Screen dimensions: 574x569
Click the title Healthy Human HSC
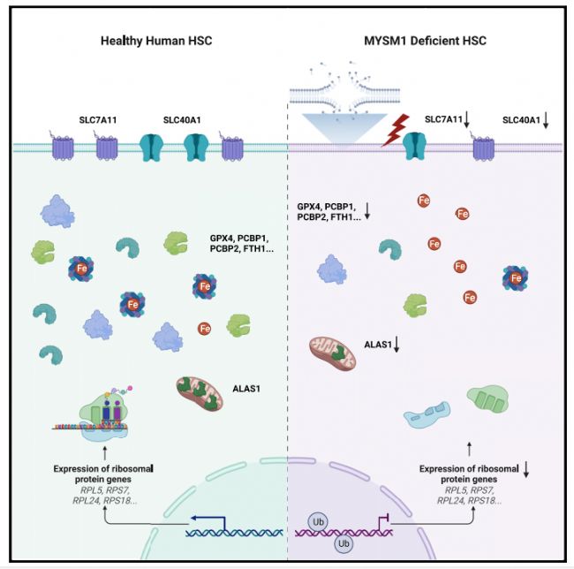click(x=156, y=41)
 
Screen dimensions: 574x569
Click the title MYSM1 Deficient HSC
click(x=425, y=41)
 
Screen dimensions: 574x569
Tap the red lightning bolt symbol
click(x=396, y=130)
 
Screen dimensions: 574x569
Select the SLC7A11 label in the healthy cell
click(x=98, y=120)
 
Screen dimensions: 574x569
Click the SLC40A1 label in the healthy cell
click(x=182, y=120)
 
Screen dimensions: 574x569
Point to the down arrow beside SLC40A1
click(x=546, y=120)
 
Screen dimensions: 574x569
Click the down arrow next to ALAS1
click(x=397, y=345)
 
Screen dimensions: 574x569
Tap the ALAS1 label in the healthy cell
click(x=246, y=389)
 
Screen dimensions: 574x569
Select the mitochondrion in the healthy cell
click(x=200, y=393)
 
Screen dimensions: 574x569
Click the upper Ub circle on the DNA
click(x=318, y=522)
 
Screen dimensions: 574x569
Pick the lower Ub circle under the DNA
click(x=344, y=543)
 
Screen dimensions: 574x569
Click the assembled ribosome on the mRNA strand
click(x=103, y=413)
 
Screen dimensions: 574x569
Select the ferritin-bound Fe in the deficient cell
click(x=516, y=278)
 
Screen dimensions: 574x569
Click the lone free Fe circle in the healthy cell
click(x=204, y=329)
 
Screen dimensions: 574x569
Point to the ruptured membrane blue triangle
click(x=344, y=127)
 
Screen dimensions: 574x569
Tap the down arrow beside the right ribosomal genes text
click(x=526, y=470)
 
